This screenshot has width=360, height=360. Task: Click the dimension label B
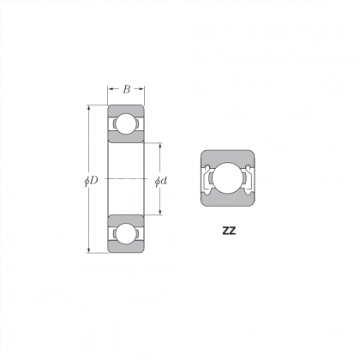click(126, 89)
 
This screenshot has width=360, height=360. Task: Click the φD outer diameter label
click(92, 181)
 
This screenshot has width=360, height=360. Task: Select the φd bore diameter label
click(161, 181)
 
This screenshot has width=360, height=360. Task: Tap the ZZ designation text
click(229, 231)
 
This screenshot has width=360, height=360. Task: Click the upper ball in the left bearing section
click(126, 123)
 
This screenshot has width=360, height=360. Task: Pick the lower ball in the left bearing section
click(126, 233)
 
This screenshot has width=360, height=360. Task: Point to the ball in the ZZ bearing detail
click(228, 178)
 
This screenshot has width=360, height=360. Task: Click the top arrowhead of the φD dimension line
click(88, 108)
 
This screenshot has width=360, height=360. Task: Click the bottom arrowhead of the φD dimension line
click(88, 250)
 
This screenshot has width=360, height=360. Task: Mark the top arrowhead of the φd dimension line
click(160, 146)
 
